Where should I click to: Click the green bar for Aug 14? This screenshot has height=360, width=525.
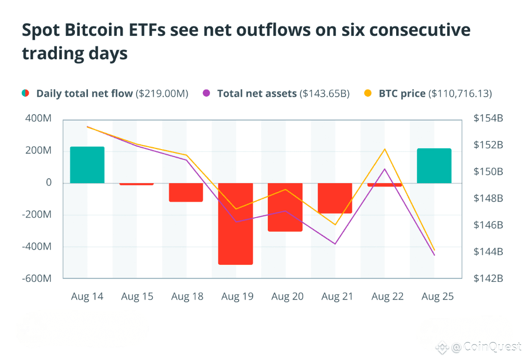pyautogui.click(x=87, y=165)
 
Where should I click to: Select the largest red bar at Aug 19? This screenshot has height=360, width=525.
pyautogui.click(x=235, y=223)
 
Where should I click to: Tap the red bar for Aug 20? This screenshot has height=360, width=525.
pyautogui.click(x=285, y=207)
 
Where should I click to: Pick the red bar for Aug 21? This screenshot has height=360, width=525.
pyautogui.click(x=335, y=198)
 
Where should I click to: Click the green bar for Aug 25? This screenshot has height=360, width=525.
pyautogui.click(x=434, y=166)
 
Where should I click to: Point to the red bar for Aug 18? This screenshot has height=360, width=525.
pyautogui.click(x=186, y=192)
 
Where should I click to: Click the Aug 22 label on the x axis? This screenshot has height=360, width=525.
pyautogui.click(x=387, y=296)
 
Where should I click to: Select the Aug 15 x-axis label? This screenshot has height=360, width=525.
pyautogui.click(x=137, y=296)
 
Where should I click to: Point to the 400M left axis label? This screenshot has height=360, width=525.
pyautogui.click(x=38, y=119)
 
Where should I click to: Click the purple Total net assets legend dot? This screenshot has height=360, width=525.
pyautogui.click(x=207, y=93)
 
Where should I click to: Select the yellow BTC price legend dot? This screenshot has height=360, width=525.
pyautogui.click(x=368, y=93)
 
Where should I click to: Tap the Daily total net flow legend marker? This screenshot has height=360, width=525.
pyautogui.click(x=26, y=93)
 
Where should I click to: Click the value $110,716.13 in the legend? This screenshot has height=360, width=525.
pyautogui.click(x=460, y=93)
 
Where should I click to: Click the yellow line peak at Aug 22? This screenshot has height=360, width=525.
pyautogui.click(x=385, y=149)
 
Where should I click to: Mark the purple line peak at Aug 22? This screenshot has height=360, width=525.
pyautogui.click(x=385, y=169)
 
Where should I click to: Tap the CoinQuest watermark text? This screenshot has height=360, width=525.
pyautogui.click(x=492, y=347)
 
